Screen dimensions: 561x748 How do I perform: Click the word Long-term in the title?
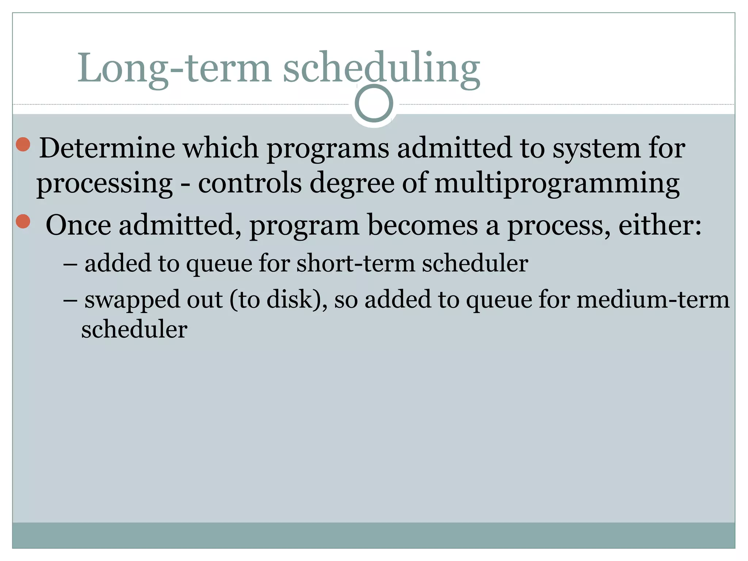[x=174, y=68]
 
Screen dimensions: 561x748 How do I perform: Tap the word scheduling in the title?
[x=381, y=68]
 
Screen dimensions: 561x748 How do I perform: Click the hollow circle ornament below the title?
[x=374, y=103]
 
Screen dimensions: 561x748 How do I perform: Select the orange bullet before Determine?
[x=23, y=145]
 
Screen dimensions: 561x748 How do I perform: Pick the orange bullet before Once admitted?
[x=23, y=221]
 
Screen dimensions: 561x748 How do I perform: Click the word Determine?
[x=107, y=148]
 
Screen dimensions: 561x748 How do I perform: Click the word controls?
[x=250, y=183]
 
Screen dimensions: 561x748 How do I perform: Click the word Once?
[x=78, y=225]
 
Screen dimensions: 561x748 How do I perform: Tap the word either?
[x=660, y=225]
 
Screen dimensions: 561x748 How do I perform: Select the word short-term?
[x=356, y=263]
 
